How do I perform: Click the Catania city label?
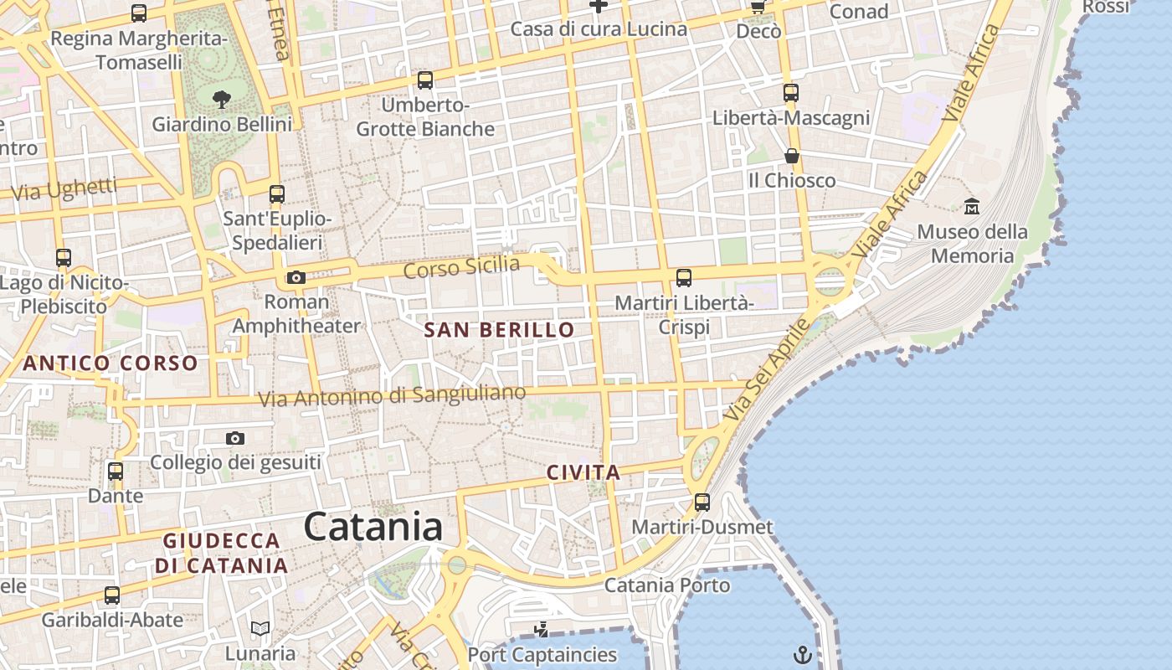tap(373, 527)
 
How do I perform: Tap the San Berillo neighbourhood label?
tap(499, 330)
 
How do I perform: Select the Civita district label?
tap(583, 472)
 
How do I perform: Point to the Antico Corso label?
tap(111, 363)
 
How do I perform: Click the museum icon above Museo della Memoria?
tap(972, 206)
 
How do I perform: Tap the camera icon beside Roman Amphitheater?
tap(296, 277)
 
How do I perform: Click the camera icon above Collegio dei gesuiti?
tap(235, 438)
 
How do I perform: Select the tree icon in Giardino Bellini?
tap(222, 100)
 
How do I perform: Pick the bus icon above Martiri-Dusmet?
tap(702, 502)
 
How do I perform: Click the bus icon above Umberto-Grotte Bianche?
tap(425, 80)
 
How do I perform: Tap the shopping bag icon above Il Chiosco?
tap(791, 156)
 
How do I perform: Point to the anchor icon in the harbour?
tap(803, 654)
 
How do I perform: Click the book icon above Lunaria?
tap(260, 628)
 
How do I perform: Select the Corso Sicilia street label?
tap(461, 268)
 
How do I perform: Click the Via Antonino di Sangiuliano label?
tap(392, 395)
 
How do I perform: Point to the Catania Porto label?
tap(667, 585)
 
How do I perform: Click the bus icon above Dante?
tap(116, 472)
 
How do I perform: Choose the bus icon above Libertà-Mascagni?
tap(791, 93)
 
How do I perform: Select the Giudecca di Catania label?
tap(222, 553)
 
